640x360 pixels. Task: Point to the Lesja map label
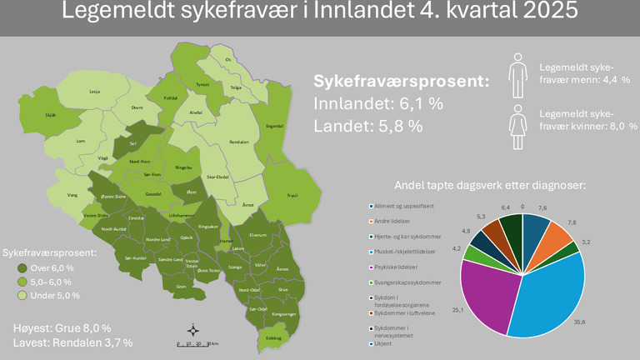click(94, 91)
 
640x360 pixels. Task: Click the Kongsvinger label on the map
click(285, 314)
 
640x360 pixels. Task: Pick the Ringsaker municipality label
click(208, 226)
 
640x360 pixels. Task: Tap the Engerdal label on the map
click(275, 126)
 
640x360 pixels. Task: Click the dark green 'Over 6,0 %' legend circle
click(22, 268)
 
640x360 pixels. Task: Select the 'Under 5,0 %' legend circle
click(22, 295)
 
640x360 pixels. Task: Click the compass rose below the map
click(192, 330)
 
